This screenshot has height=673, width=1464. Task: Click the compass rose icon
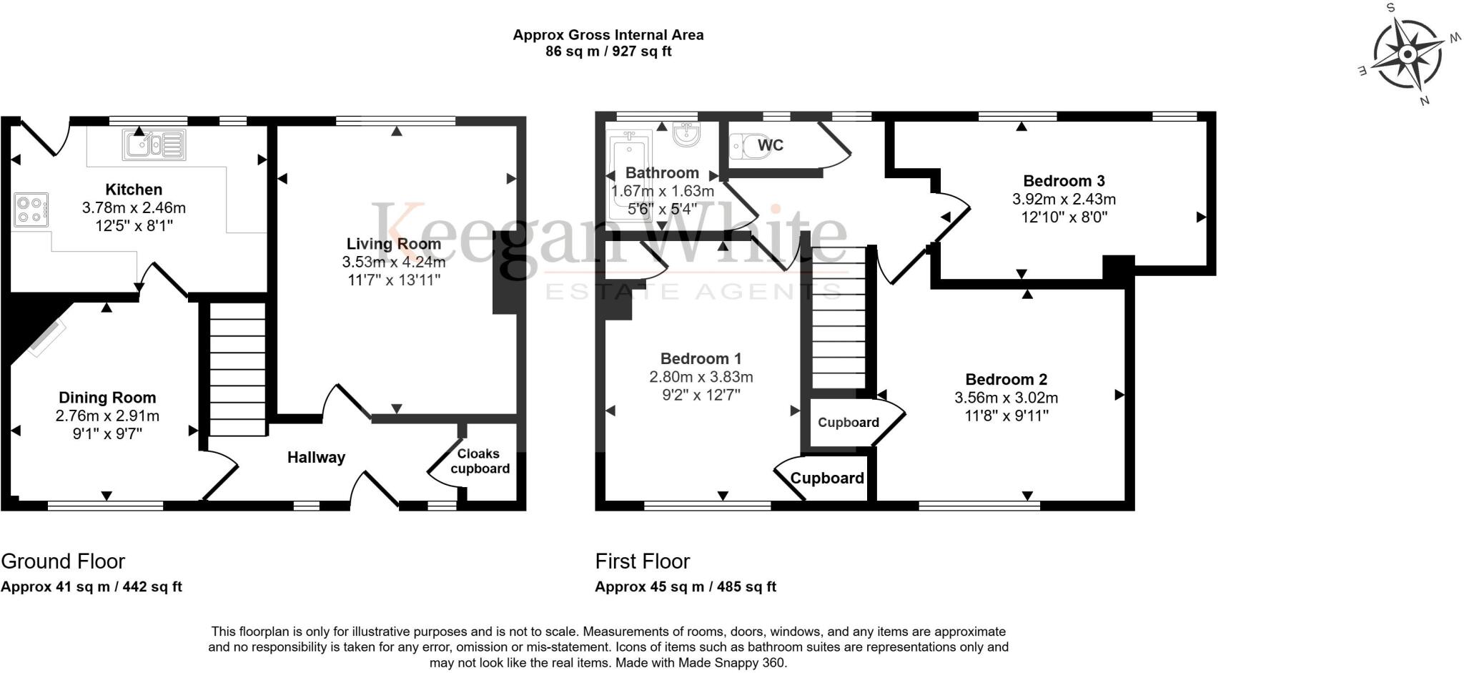pos(1407,55)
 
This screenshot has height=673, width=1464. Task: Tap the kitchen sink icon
pos(154,144)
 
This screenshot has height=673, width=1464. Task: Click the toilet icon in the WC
pos(746,147)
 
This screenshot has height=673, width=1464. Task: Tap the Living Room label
pos(393,244)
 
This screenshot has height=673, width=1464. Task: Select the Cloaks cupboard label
pos(480,461)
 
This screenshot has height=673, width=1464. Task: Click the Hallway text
pos(316,458)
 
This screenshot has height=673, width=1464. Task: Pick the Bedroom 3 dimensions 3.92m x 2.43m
pos(1064,200)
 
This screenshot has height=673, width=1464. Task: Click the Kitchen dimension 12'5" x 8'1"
pos(134,226)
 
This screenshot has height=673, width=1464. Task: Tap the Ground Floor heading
pos(63,561)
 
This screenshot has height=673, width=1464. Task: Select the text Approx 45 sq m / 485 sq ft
pos(685,587)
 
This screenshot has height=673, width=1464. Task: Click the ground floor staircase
pos(237,369)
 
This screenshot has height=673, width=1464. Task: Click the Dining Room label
pos(107,398)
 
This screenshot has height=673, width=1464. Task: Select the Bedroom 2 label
pos(1006,380)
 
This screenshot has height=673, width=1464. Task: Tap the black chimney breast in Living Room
pos(505,272)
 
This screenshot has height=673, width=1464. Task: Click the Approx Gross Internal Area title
pos(608,35)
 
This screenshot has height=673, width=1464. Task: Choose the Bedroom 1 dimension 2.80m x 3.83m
pos(701,377)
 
